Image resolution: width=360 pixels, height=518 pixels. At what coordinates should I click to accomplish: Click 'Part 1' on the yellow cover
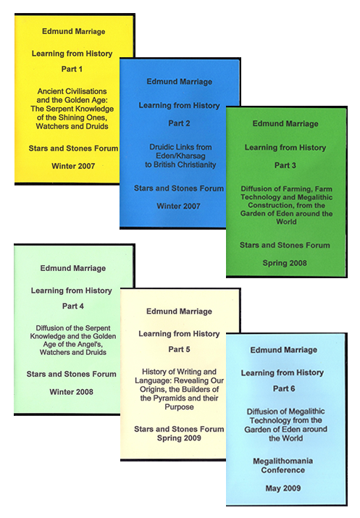point(72,69)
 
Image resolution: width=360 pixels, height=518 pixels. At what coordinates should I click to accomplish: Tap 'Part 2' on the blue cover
point(179,123)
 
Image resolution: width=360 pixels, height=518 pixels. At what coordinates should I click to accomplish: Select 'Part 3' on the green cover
point(285,165)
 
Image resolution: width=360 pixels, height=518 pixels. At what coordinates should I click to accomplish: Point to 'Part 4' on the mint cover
point(72,306)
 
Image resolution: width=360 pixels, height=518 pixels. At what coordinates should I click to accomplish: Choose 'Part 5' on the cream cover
point(179,349)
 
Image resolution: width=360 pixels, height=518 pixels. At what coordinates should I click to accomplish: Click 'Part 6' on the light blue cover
point(284,388)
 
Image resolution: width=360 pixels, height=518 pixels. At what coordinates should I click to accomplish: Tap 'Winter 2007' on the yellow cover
point(73,166)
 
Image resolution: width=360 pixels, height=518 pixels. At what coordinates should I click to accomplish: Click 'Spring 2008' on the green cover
point(285,263)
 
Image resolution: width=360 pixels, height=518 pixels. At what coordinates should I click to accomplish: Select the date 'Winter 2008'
point(71,392)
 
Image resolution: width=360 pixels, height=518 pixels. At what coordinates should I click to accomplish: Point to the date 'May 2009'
point(283,488)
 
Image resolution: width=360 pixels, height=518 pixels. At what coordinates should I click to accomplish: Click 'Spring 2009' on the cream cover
point(179,438)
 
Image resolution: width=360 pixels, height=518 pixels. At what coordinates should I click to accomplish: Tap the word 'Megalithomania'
point(282,461)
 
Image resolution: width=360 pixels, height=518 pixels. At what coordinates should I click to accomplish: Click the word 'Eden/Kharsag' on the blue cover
point(180,156)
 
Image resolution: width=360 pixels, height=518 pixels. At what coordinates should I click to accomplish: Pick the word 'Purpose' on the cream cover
point(179,407)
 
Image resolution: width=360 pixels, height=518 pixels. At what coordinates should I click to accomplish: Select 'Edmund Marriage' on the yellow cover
point(73,31)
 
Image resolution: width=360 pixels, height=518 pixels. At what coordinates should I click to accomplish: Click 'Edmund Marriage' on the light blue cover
point(284,350)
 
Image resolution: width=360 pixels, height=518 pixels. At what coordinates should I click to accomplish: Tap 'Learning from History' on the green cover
point(285,148)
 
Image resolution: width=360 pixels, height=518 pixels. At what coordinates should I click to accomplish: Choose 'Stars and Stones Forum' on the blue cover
point(179,188)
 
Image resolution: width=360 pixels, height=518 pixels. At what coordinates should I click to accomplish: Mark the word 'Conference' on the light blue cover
point(282,470)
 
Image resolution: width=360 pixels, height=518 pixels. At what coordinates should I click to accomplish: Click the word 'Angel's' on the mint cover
point(88,344)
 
